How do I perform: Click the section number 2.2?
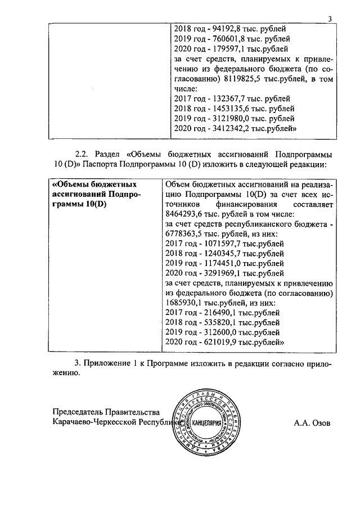pyautogui.click(x=83, y=154)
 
